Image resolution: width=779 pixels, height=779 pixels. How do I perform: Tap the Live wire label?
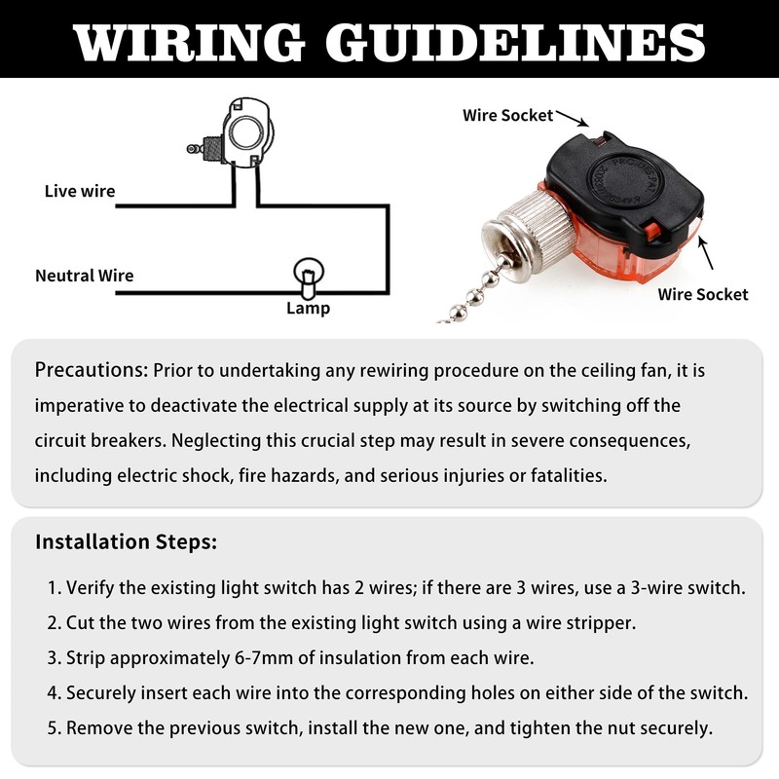80,191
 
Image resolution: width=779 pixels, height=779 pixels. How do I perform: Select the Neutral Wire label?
85,276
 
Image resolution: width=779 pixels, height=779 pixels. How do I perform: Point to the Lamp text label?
308,309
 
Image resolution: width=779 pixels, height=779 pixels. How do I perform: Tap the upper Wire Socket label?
507,115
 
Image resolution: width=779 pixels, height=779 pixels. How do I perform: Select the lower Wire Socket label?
703,293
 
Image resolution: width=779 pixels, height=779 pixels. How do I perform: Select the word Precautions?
91,371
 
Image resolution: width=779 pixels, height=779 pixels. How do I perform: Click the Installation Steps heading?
126,542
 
